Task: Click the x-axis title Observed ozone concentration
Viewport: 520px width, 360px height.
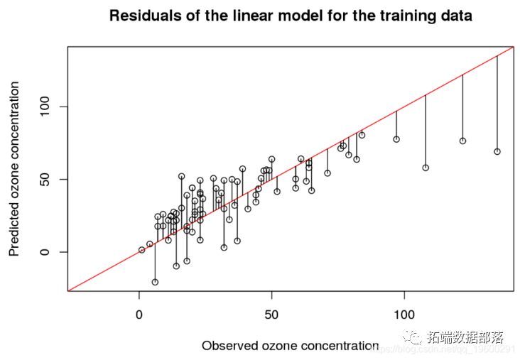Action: [x=290, y=346]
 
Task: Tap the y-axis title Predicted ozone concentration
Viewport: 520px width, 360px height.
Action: [x=14, y=169]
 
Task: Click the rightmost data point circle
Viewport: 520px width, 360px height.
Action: [x=497, y=151]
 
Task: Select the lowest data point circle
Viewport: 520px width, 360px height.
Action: [x=155, y=282]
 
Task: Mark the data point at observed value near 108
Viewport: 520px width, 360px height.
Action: [x=426, y=168]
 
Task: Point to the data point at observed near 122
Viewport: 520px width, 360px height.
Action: [x=462, y=141]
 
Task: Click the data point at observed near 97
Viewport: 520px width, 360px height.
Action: [x=396, y=139]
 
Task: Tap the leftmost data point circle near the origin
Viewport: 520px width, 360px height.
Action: [x=142, y=250]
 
